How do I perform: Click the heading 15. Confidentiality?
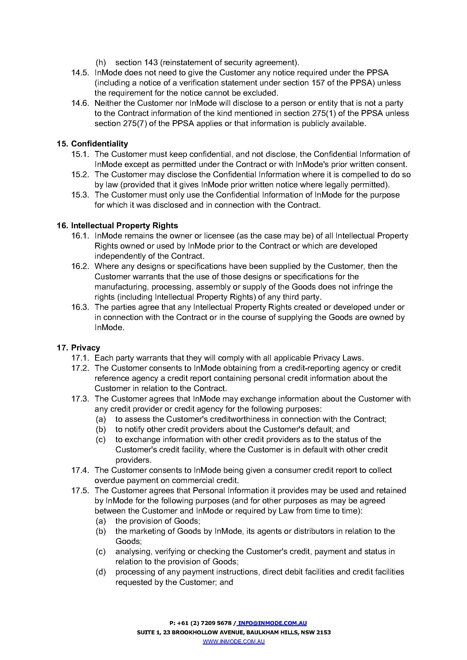pyautogui.click(x=92, y=144)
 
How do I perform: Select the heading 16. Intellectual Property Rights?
pyautogui.click(x=117, y=226)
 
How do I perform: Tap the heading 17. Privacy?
pyautogui.click(x=78, y=348)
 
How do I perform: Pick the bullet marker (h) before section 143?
pyautogui.click(x=101, y=62)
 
